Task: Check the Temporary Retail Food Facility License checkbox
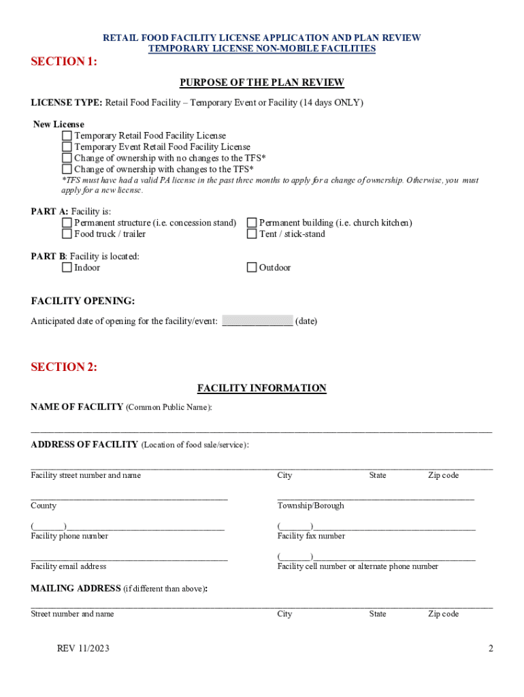(67, 136)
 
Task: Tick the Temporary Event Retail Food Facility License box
(67, 147)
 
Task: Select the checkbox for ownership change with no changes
(67, 158)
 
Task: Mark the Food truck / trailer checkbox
(67, 234)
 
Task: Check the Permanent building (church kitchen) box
(252, 223)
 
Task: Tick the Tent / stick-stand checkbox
(252, 234)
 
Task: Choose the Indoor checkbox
(67, 268)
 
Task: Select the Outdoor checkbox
(252, 268)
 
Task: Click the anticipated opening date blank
(257, 321)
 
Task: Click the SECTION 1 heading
(64, 63)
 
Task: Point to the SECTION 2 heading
(64, 368)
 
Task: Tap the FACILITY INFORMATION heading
(262, 388)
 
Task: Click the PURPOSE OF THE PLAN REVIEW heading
(262, 83)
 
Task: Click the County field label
(44, 506)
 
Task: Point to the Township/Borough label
(310, 506)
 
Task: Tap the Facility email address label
(68, 566)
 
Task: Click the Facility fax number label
(311, 536)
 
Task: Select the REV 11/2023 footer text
(83, 649)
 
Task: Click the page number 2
(490, 649)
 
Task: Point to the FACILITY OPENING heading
(83, 301)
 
